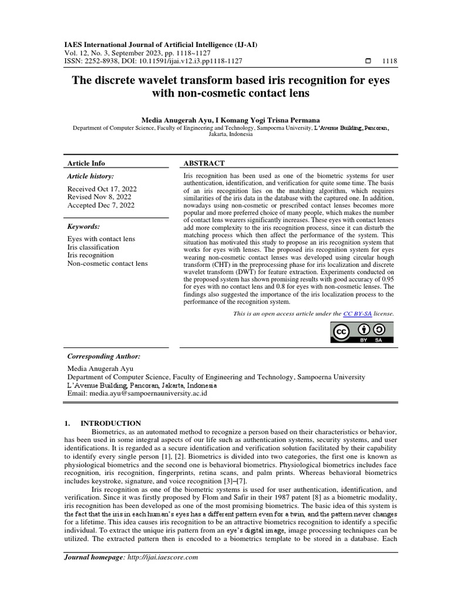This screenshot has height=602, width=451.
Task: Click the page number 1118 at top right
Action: pos(389,61)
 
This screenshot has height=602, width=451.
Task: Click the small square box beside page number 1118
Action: pos(368,61)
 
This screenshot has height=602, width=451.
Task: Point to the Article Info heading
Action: pos(86,163)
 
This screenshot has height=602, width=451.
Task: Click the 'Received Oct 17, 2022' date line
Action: pos(102,189)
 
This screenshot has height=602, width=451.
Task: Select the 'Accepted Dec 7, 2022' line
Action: pos(101,205)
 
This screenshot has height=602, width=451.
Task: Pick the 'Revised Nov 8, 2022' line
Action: pos(100,197)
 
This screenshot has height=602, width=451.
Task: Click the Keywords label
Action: pos(84,226)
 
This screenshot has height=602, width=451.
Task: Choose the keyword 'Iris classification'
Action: pos(93,248)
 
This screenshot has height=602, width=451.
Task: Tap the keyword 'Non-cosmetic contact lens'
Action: pos(107,264)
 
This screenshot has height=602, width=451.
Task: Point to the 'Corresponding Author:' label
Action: pos(104,356)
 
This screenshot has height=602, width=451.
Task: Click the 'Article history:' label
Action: pos(90,176)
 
